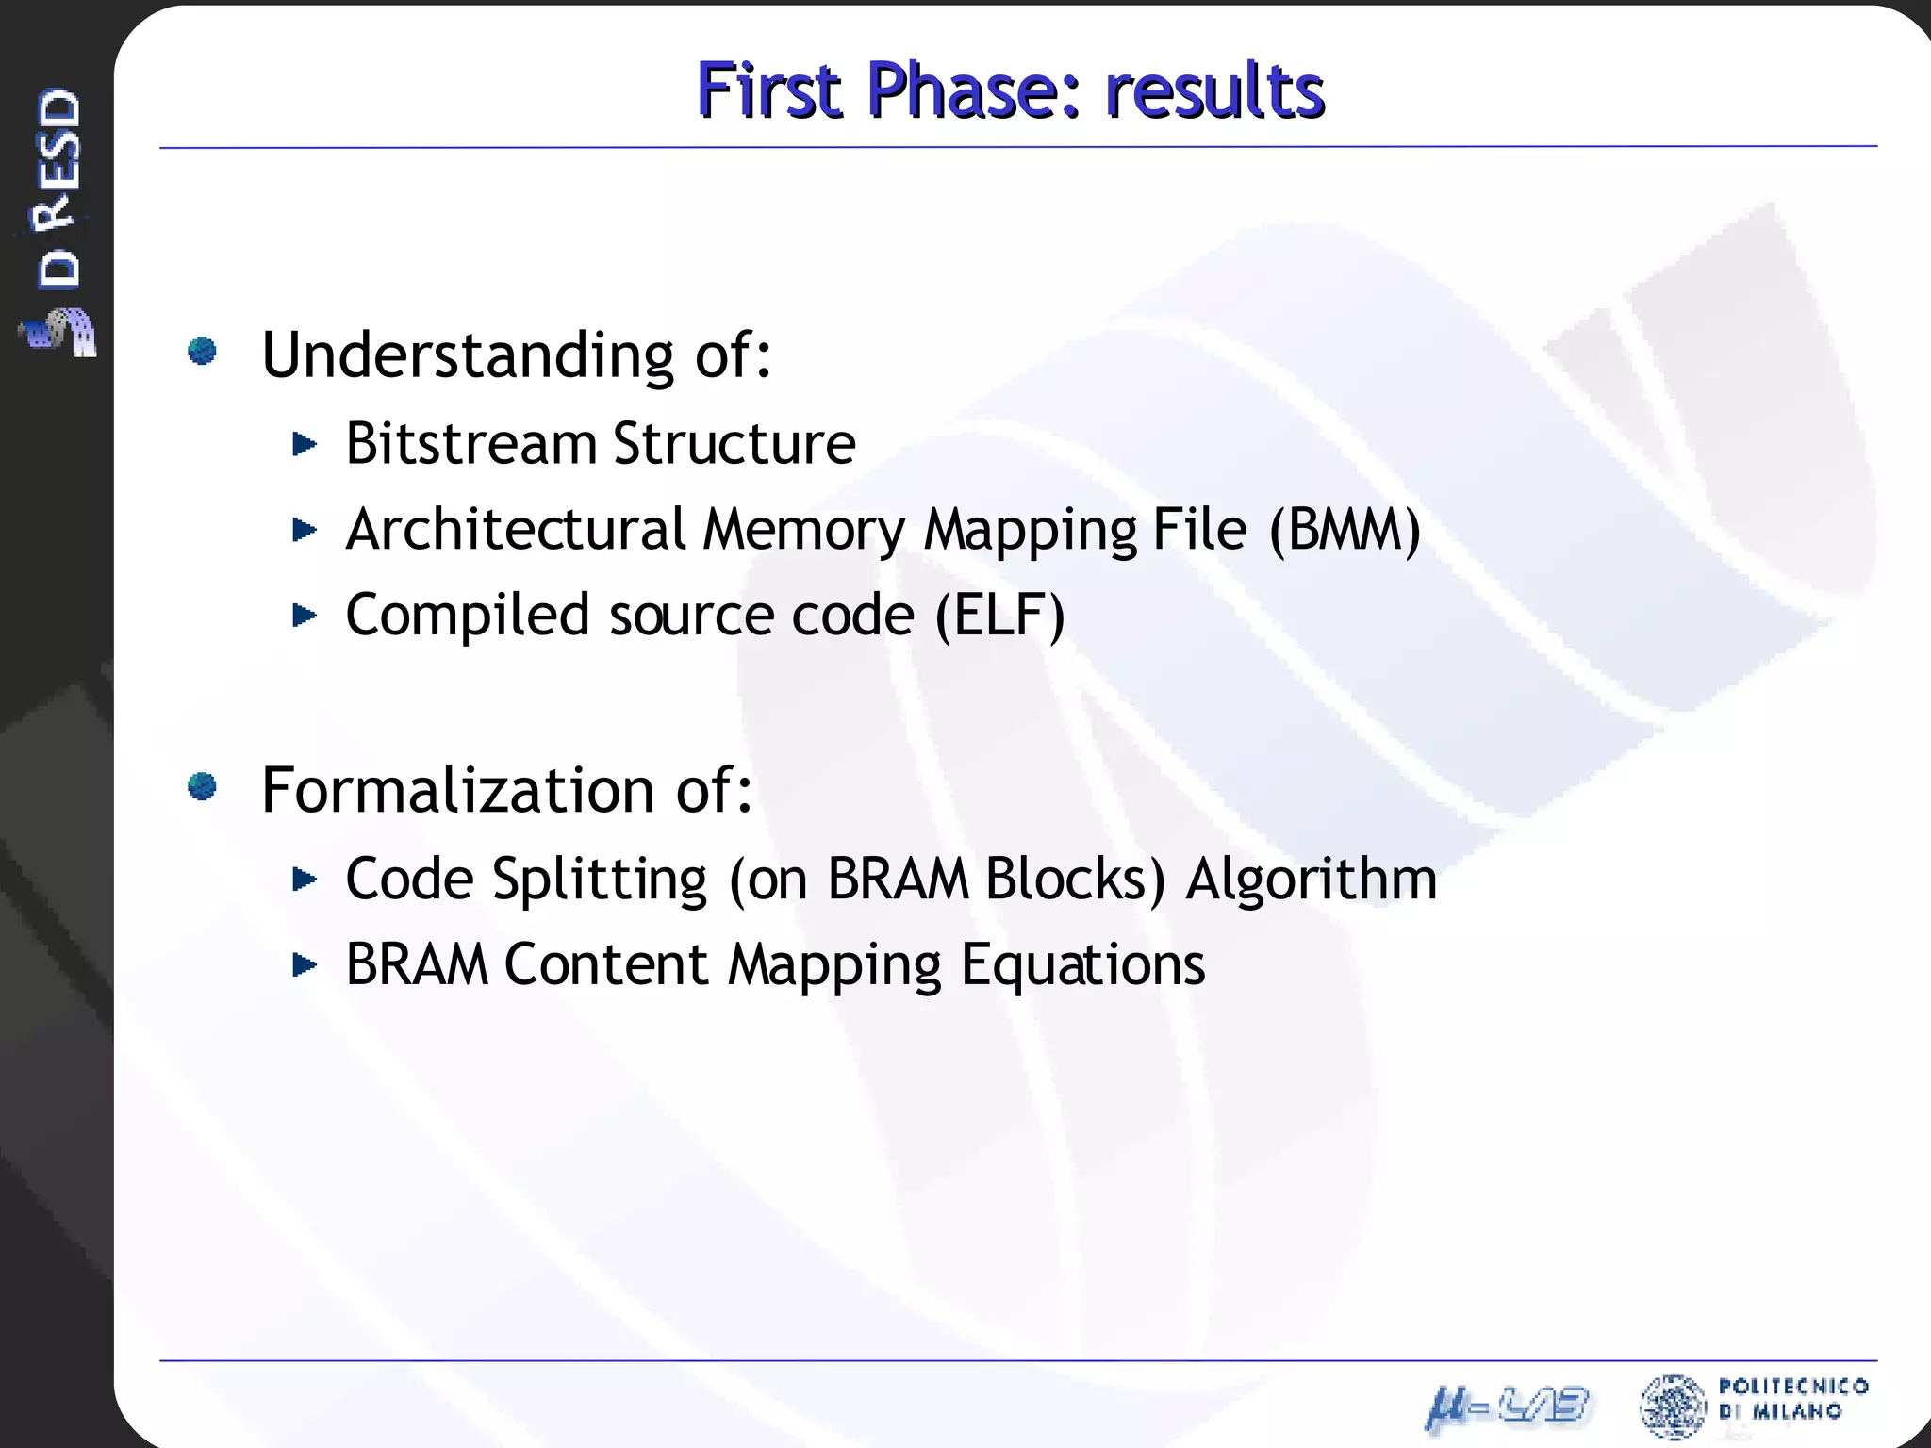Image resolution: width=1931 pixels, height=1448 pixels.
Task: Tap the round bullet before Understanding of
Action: (x=203, y=352)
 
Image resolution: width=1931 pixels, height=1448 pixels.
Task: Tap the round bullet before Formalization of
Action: (x=203, y=785)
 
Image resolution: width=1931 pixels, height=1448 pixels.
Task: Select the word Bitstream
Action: (x=470, y=443)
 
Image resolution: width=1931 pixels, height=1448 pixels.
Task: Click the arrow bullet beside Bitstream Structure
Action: (x=304, y=443)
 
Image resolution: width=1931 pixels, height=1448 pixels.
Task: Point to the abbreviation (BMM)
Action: (x=1345, y=530)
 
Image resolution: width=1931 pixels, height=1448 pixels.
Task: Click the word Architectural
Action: (x=515, y=530)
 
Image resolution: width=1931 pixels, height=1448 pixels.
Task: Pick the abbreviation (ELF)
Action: (x=999, y=616)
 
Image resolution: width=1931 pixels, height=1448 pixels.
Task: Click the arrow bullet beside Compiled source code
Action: (x=304, y=616)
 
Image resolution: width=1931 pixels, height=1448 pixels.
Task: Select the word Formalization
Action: (x=457, y=790)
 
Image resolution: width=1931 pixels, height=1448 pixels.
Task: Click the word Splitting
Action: (x=600, y=880)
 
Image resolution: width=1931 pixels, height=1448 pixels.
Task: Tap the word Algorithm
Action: (x=1311, y=880)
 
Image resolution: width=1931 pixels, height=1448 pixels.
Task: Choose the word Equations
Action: (x=1082, y=965)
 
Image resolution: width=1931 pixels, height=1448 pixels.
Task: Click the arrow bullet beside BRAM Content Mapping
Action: (x=304, y=965)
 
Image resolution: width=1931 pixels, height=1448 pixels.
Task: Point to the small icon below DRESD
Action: (x=59, y=332)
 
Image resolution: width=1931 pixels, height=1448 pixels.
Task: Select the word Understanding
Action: (x=467, y=356)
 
